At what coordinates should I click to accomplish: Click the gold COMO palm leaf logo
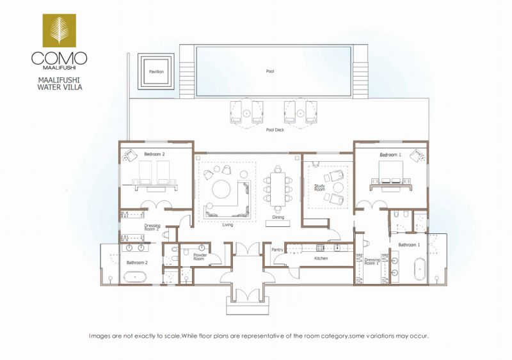(59, 30)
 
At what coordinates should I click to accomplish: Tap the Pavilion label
(156, 72)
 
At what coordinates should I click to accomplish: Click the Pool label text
(270, 71)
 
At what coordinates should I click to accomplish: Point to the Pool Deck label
(275, 130)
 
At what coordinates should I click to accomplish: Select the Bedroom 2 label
(154, 154)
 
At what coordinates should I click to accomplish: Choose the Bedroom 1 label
(390, 155)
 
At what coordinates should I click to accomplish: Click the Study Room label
(319, 187)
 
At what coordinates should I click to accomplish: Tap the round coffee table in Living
(222, 189)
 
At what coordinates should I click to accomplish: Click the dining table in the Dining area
(278, 189)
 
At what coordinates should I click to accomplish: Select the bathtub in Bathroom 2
(135, 278)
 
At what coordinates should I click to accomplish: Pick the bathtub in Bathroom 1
(420, 269)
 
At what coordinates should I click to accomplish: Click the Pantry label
(277, 249)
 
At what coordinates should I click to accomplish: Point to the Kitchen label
(321, 258)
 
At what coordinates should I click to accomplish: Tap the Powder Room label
(200, 256)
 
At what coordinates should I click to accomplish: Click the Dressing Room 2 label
(152, 227)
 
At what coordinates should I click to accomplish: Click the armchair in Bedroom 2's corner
(131, 155)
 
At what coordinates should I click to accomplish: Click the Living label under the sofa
(228, 225)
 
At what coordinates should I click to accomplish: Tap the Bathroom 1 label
(409, 245)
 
